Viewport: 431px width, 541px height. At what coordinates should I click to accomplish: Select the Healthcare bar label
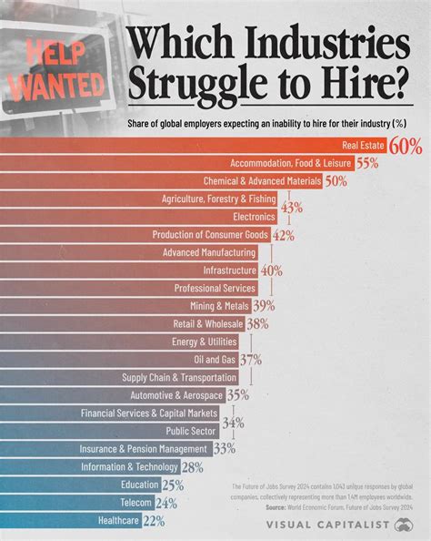click(118, 520)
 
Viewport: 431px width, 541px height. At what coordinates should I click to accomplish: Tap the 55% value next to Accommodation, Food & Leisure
click(366, 163)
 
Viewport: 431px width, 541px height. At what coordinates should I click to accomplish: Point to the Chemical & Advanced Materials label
click(262, 181)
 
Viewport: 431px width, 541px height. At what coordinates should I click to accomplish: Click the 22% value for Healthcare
click(153, 520)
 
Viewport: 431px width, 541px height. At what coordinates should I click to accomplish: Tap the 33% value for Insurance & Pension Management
click(225, 449)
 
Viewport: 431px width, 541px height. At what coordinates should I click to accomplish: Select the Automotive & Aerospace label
click(177, 395)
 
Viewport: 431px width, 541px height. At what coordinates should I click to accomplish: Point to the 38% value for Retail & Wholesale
click(257, 324)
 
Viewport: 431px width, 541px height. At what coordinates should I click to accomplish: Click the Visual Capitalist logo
click(351, 525)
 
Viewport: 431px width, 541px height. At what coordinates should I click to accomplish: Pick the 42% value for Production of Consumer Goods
click(284, 235)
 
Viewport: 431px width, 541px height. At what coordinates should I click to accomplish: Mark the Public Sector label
click(191, 431)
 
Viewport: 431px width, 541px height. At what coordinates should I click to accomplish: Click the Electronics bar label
click(253, 217)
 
